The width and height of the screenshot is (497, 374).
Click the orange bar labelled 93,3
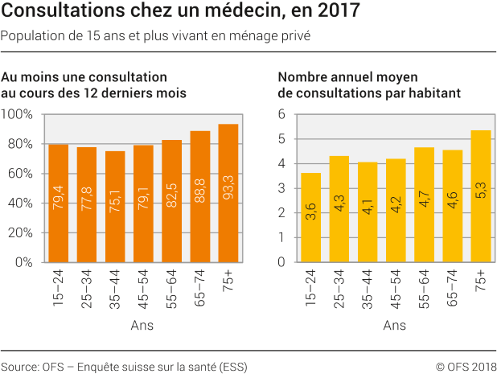228,193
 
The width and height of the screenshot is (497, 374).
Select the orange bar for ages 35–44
115,207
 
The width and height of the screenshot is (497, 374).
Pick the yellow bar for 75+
480,196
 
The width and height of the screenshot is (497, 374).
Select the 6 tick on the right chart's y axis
282,114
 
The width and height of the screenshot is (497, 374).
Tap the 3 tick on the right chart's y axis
282,188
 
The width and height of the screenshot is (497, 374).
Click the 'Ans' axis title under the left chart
142,326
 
